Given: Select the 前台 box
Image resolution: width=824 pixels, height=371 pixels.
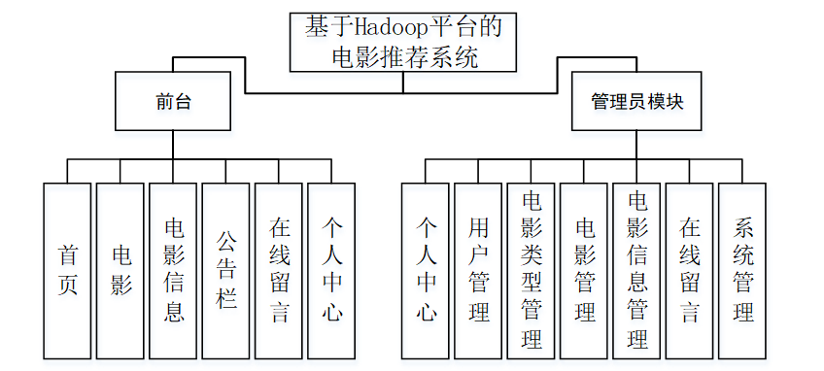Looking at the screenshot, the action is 173,101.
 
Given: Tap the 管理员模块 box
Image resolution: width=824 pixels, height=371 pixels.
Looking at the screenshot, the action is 636,101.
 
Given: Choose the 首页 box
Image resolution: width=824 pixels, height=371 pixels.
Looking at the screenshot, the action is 67,271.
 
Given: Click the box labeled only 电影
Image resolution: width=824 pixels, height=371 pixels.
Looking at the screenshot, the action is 120,271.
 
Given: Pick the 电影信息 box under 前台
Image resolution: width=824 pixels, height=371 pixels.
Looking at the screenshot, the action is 173,271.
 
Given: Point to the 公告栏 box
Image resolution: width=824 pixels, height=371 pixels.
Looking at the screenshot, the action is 226,271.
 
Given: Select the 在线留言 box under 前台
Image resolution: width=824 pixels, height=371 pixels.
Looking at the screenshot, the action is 279,271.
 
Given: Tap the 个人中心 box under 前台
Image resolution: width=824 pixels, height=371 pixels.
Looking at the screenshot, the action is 331,271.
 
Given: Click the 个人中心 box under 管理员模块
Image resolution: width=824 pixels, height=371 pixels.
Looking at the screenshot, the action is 426,271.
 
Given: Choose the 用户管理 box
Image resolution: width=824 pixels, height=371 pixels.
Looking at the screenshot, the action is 478,271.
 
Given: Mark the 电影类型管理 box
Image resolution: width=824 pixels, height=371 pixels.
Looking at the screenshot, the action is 531,271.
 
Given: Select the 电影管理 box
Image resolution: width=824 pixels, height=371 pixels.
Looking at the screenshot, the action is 584,271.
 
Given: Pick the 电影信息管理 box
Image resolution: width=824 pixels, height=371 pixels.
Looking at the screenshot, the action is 636,271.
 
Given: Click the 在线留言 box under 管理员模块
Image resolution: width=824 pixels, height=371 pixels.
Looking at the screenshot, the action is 690,271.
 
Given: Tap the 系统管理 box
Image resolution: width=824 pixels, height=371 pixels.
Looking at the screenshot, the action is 742,271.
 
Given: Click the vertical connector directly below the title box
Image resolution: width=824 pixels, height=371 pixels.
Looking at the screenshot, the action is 403,83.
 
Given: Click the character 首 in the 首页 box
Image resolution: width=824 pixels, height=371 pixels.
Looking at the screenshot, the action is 67,255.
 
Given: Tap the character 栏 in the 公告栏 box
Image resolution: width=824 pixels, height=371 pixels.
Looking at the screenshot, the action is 226,298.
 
